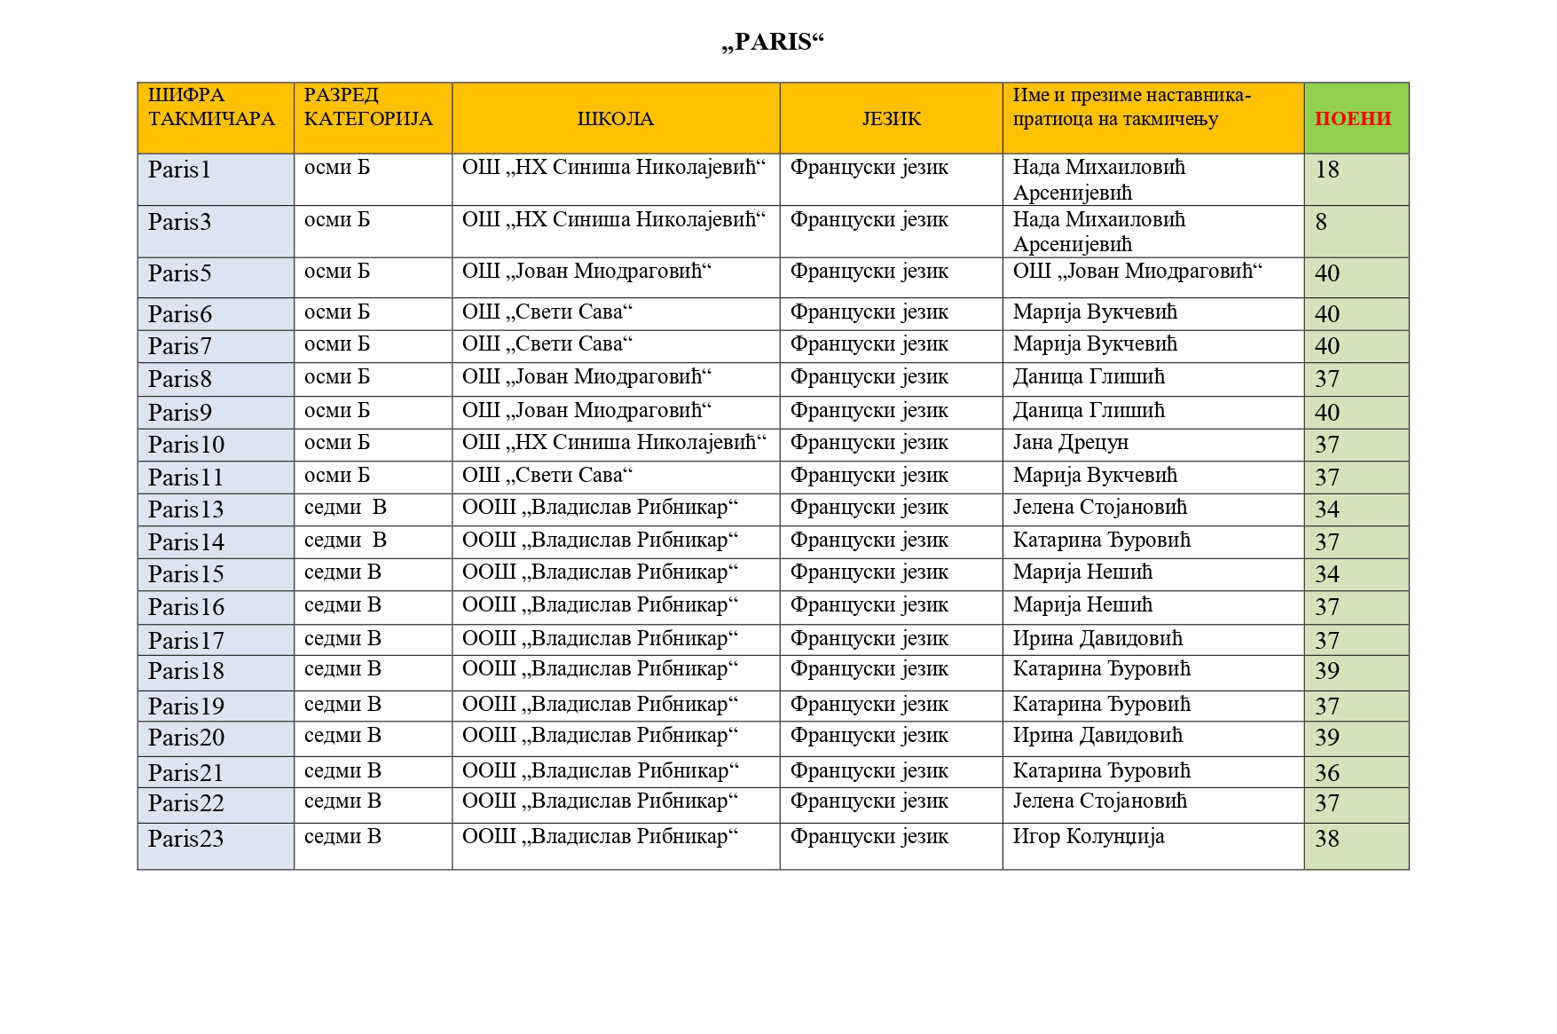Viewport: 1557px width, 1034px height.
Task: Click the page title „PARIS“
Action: click(x=773, y=42)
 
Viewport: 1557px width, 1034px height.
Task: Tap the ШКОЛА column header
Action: click(x=615, y=119)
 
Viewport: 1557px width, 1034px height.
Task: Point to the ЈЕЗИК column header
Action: click(x=891, y=119)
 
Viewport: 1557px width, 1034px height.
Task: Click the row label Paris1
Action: click(x=179, y=170)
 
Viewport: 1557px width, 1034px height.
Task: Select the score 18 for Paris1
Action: click(x=1327, y=170)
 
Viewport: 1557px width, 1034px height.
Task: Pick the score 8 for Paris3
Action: click(x=1321, y=222)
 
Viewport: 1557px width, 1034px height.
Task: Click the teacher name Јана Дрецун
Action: click(x=1070, y=443)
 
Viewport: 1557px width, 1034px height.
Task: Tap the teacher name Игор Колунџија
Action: click(x=1089, y=837)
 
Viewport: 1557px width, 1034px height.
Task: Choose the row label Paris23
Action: click(x=185, y=839)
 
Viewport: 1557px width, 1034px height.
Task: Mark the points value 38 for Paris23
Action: click(x=1327, y=839)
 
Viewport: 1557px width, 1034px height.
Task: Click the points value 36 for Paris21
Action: click(x=1327, y=773)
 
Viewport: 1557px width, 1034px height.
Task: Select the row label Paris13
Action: click(x=185, y=509)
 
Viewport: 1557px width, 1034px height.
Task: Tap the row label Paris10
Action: click(x=185, y=445)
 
